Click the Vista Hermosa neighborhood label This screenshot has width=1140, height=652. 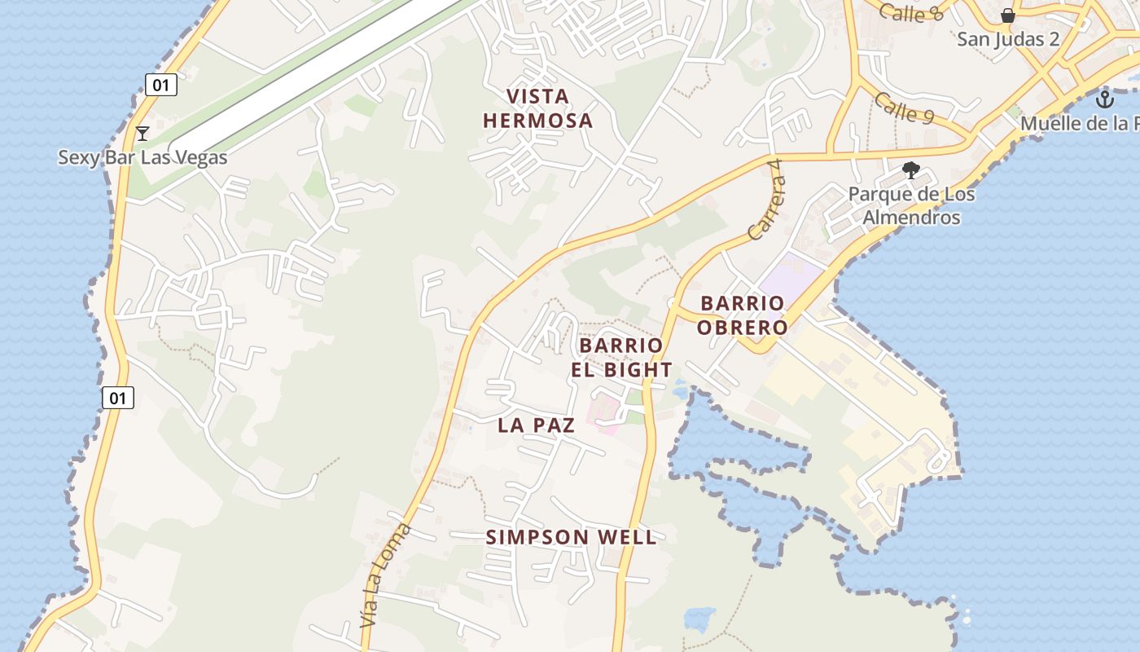[537, 108]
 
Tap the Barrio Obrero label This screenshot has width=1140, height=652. [743, 315]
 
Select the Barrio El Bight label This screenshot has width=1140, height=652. [625, 357]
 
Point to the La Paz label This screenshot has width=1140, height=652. [536, 425]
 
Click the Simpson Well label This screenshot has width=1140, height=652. [571, 537]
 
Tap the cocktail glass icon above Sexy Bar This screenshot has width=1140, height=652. [142, 133]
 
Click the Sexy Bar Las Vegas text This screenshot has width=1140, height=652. [142, 157]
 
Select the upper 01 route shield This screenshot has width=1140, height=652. [161, 84]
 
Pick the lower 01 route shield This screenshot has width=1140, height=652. [118, 398]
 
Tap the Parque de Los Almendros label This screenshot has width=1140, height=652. [911, 205]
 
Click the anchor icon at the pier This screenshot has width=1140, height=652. [1104, 100]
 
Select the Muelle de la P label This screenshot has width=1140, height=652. [1079, 124]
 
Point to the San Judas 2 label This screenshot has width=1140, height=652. [1008, 38]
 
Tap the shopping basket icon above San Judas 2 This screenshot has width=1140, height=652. [1008, 15]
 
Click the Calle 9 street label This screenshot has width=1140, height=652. [904, 108]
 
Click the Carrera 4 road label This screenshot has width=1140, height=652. [766, 200]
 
